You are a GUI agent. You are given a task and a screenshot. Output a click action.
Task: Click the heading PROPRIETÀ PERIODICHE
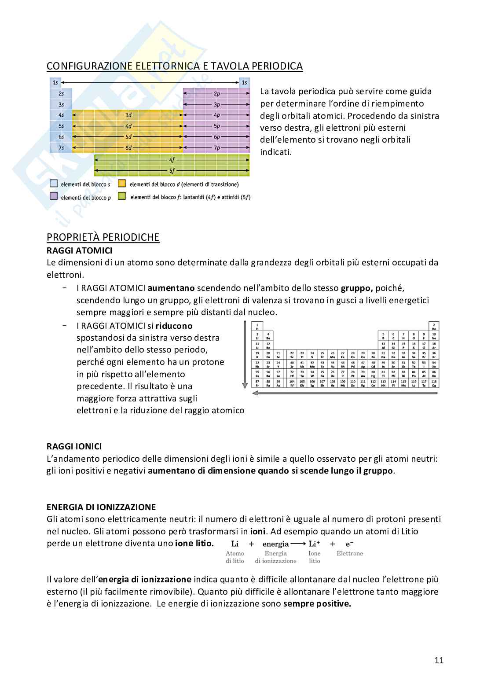pos(103,237)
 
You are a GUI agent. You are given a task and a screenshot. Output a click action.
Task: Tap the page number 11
pos(439,660)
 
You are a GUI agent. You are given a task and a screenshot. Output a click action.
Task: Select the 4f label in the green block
pos(172,160)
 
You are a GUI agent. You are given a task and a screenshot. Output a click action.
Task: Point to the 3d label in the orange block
pos(128,115)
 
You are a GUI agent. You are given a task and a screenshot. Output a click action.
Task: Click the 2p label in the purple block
pos(217,94)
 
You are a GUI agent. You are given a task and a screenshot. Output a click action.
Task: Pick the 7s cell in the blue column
pos(61,148)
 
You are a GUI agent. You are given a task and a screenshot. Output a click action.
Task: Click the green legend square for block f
pos(122,196)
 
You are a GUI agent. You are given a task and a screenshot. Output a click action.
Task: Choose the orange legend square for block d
pos(122,184)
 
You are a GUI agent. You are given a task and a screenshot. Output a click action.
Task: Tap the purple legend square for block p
pos(54,196)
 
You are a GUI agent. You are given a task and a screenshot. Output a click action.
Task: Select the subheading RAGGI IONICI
pos(74,446)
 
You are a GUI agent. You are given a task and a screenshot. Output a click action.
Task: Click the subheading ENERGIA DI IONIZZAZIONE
pos(101,507)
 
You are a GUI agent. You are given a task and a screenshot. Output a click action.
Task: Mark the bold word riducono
pos(174,326)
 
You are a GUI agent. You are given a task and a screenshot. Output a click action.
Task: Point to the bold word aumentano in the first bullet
pos(171,288)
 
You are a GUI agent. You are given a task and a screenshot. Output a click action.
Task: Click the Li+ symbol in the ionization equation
pos(314,544)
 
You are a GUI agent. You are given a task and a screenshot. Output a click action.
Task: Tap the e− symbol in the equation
pos(349,544)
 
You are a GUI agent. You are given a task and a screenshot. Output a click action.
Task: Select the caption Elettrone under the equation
pos(350,553)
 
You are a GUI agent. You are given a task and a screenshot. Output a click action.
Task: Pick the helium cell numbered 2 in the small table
pos(434,326)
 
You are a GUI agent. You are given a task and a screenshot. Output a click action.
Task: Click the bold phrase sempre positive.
pos(317,603)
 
